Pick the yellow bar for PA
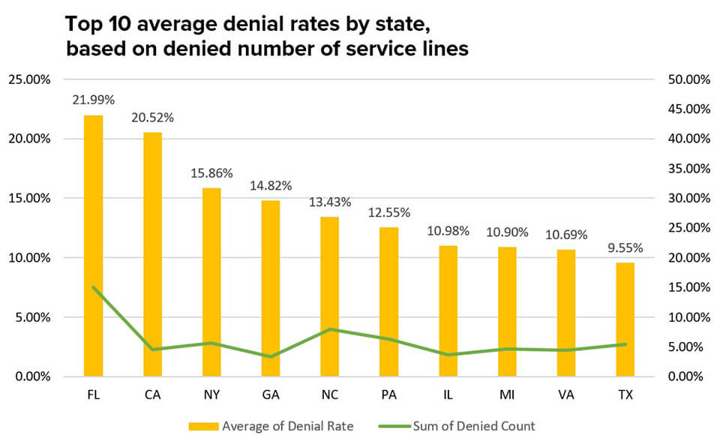tap(388, 301)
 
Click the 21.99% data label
tap(93, 99)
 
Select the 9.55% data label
tap(625, 247)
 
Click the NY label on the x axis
tap(211, 395)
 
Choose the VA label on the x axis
tap(566, 395)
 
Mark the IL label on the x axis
tap(448, 395)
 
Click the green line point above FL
tap(93, 286)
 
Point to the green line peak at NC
tap(329, 329)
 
